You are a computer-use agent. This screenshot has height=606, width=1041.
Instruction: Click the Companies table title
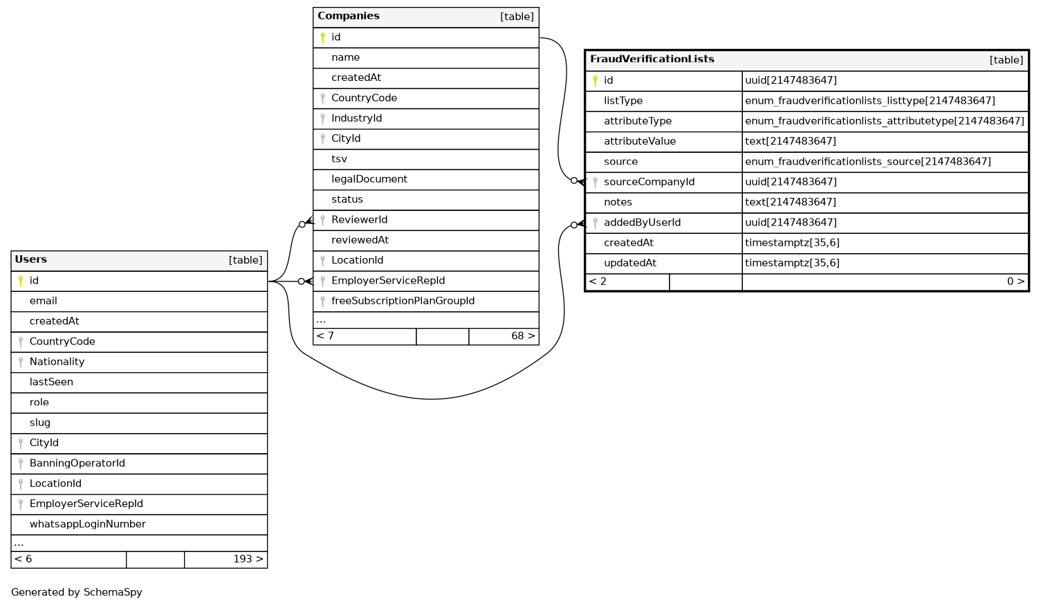pos(349,16)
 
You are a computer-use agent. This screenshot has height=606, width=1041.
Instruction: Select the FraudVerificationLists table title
pos(652,59)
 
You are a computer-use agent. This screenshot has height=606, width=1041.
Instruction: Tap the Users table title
pos(31,259)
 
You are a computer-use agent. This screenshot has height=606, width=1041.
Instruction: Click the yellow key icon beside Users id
pos(21,281)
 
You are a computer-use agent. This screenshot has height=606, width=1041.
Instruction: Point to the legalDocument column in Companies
pos(369,179)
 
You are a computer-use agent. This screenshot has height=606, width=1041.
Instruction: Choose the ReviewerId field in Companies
pos(359,220)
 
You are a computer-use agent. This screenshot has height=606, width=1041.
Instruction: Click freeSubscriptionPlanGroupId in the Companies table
pos(403,301)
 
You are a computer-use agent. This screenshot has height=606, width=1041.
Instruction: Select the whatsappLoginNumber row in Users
pos(87,524)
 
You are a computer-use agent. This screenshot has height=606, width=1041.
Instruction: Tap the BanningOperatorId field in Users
pos(77,463)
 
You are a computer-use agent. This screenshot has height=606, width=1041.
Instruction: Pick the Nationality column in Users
pos(57,362)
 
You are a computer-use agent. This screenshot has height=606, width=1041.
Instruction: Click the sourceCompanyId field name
pos(649,182)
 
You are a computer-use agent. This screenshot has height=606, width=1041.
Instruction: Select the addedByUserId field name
pos(642,223)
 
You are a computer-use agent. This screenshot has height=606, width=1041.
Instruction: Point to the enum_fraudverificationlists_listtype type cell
pos(869,101)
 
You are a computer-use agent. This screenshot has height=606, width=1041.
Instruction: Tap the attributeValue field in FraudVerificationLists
pos(639,141)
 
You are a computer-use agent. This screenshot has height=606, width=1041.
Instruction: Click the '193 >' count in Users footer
pos(248,559)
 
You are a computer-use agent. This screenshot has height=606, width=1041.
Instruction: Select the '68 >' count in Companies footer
pos(522,336)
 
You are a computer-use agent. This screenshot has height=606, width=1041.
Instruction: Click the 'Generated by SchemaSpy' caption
pos(77,592)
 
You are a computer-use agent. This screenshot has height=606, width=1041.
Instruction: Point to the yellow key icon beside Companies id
pos(322,37)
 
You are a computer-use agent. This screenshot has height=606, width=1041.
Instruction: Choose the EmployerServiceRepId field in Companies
pos(387,281)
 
